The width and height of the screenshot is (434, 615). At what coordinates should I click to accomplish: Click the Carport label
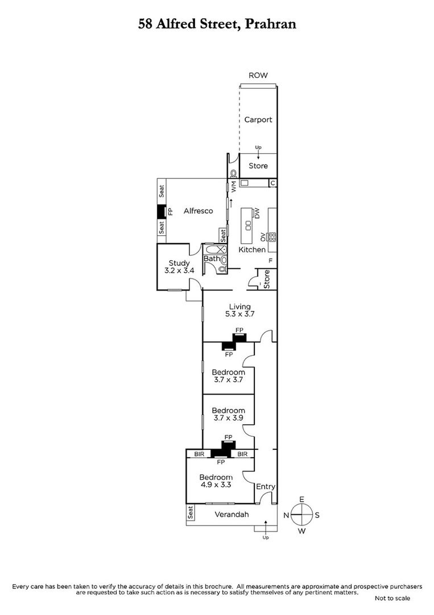(x=258, y=120)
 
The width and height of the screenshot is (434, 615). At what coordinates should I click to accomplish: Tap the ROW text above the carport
(x=258, y=75)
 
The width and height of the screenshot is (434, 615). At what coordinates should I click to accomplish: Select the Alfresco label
(x=198, y=211)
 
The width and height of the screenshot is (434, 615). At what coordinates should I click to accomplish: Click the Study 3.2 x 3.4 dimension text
(x=179, y=270)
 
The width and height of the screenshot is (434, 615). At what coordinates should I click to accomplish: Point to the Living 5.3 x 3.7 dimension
(x=239, y=314)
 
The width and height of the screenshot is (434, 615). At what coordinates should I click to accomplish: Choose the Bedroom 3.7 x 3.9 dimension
(x=228, y=418)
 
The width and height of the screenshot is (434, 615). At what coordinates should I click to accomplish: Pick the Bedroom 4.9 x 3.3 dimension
(x=216, y=485)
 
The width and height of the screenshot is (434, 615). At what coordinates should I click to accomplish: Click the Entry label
(x=266, y=487)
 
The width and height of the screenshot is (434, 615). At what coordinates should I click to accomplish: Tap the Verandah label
(x=232, y=515)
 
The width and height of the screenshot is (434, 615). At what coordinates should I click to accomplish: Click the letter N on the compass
(x=286, y=515)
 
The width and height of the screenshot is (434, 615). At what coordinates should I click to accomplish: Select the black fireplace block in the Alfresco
(x=162, y=212)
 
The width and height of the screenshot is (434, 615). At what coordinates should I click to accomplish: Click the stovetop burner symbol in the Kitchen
(x=272, y=236)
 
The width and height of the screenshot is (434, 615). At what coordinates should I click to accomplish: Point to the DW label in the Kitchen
(x=257, y=214)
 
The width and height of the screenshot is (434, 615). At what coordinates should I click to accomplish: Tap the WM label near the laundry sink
(x=234, y=186)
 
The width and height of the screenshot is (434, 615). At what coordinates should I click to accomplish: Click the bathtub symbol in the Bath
(x=214, y=249)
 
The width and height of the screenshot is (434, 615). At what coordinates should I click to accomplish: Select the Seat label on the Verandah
(x=191, y=512)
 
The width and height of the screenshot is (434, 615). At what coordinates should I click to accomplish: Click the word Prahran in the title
(x=270, y=24)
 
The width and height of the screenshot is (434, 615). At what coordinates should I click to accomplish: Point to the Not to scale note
(x=392, y=598)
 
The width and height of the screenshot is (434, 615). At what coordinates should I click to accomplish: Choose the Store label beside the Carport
(x=258, y=166)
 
